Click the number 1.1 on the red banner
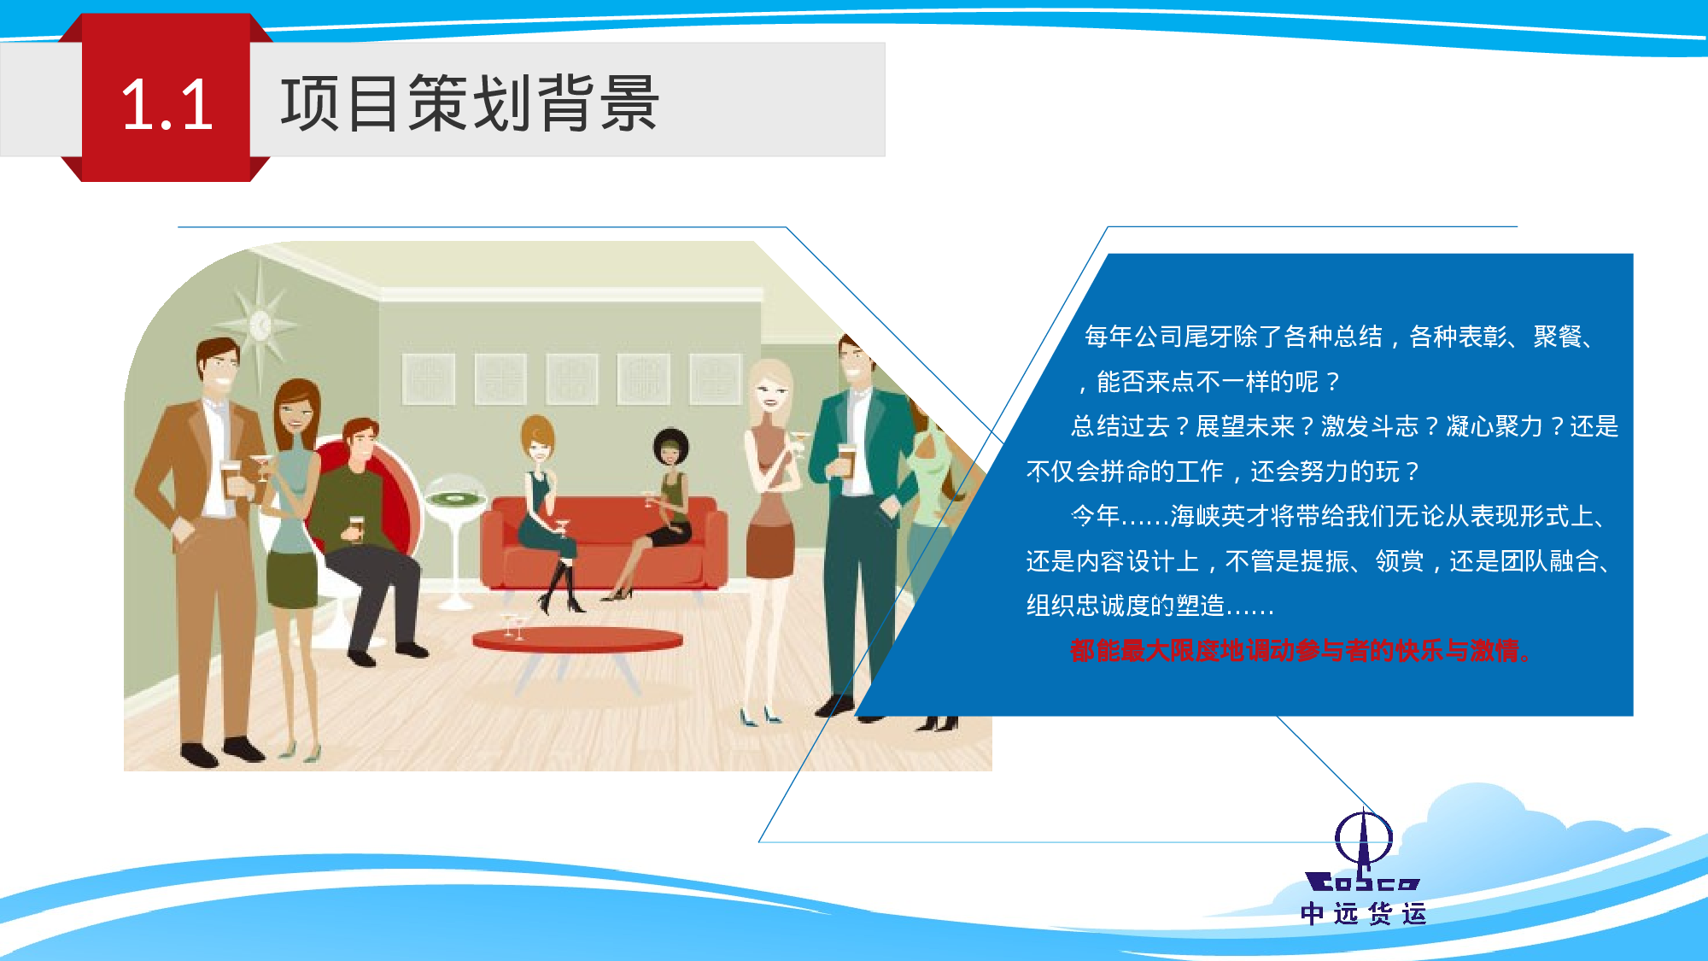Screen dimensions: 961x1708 167,105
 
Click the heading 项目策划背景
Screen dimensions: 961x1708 469,103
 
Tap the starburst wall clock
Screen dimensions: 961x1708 260,325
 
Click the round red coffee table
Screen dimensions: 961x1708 577,639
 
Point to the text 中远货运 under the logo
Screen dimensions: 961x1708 1363,914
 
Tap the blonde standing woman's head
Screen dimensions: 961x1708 770,390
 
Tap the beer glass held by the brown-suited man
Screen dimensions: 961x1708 231,478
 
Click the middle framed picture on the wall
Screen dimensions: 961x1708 572,378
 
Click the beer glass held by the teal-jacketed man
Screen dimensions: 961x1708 846,460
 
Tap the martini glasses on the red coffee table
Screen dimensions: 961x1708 513,626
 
